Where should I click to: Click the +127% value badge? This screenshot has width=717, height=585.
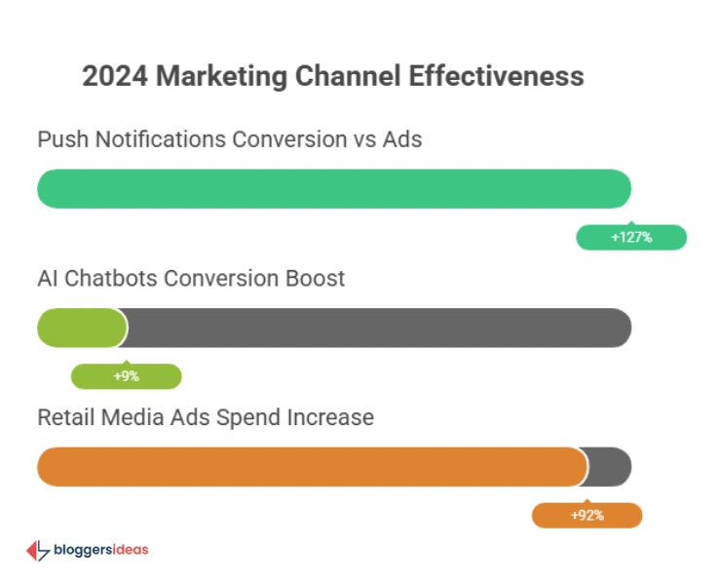coord(631,237)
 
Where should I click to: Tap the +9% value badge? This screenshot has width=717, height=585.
coord(126,376)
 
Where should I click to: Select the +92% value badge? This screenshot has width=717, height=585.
coord(586,515)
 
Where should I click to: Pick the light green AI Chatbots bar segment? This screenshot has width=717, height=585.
coord(82,328)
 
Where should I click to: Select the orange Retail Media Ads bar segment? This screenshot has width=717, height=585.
coord(312,466)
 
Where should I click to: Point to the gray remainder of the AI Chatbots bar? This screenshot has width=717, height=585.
coord(380,328)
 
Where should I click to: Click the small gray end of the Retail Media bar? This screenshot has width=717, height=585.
coord(610,466)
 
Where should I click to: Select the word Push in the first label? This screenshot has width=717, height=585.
coord(60,139)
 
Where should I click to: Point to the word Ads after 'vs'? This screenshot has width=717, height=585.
coord(401,139)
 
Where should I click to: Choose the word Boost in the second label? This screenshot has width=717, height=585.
coord(314,279)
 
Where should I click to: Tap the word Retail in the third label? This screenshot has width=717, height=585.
coord(66,417)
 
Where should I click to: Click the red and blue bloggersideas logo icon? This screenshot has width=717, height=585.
coord(37,551)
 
